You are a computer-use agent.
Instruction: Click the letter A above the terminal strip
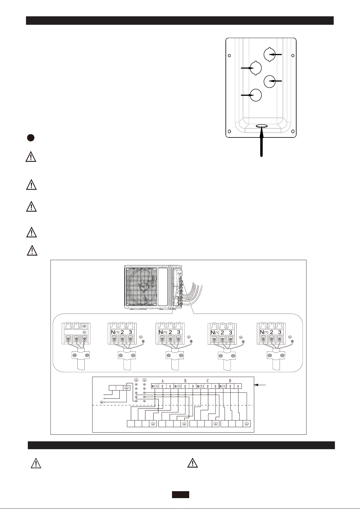coord(162,381)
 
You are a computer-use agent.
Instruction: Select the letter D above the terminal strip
coord(230,381)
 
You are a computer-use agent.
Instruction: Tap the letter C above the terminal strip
coord(207,381)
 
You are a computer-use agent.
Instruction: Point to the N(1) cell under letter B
coord(178,386)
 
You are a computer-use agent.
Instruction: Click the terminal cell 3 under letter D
coord(238,386)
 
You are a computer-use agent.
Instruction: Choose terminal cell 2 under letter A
coord(162,386)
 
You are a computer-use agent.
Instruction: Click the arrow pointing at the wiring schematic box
coord(260,385)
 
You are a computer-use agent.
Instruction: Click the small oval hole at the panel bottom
coord(262,126)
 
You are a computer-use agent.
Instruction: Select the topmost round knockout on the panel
coord(270,55)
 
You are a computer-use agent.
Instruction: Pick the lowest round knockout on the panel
coord(256,95)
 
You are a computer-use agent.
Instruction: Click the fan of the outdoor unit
coord(141,287)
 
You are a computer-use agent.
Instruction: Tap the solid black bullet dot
coord(31,138)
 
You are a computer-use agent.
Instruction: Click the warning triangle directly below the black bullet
coord(31,156)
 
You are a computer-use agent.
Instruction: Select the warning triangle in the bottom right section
coord(193,463)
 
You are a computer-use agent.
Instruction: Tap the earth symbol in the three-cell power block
coord(126,388)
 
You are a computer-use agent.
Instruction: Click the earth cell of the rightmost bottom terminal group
coord(247,424)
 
